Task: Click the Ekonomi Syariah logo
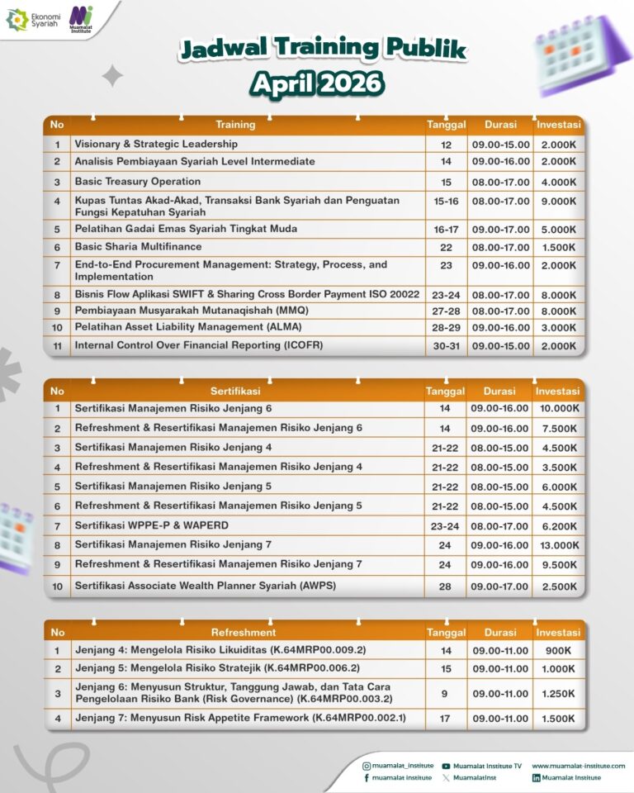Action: point(29,19)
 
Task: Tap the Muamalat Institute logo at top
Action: point(81,17)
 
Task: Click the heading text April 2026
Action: point(317,83)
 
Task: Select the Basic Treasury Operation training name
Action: point(137,181)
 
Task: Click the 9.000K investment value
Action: point(559,201)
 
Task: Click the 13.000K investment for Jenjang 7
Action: point(559,545)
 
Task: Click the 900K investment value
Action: point(559,651)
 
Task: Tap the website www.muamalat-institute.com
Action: point(578,766)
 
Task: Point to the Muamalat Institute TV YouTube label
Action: point(487,766)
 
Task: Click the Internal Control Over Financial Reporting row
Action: point(198,344)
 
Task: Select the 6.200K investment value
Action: point(559,525)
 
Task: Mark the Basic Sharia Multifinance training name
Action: point(138,246)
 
